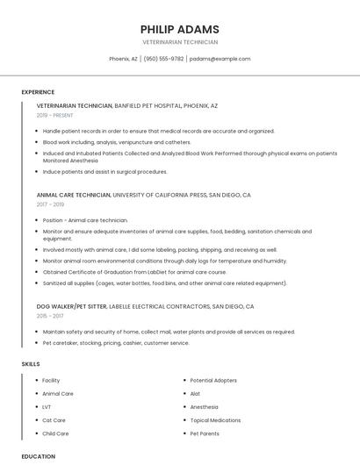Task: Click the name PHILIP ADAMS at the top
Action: coord(180,29)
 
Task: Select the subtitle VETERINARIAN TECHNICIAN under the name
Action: coord(180,42)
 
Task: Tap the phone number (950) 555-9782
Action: coord(163,59)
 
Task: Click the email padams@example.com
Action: coord(220,59)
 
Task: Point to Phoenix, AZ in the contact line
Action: coord(123,59)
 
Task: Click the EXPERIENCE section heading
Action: coord(38,92)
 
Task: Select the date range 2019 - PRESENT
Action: coord(55,115)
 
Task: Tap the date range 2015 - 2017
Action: coord(49,316)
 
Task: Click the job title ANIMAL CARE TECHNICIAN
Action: coord(74,195)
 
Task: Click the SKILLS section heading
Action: coord(31,363)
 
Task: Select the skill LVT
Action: coord(47,407)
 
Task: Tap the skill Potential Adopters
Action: coord(213,381)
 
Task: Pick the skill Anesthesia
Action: coord(205,407)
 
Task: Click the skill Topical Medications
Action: coord(215,420)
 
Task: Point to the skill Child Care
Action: coord(55,433)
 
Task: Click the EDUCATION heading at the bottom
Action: coord(39,456)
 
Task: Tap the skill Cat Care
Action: coord(54,420)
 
